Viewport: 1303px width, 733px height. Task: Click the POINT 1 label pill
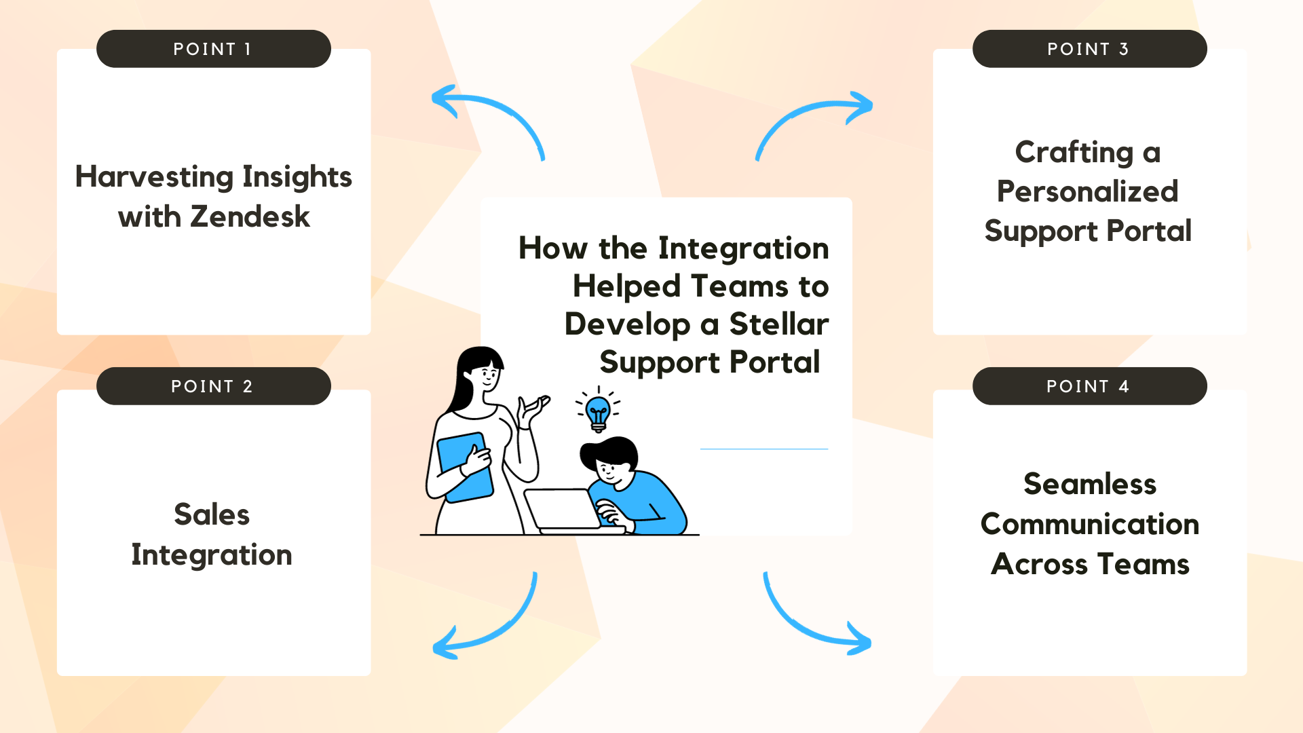[214, 49]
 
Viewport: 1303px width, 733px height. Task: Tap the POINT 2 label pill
[214, 386]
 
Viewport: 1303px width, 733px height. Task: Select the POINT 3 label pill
[1090, 49]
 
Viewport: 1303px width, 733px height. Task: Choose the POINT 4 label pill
[1090, 386]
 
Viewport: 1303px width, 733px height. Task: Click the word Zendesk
[250, 217]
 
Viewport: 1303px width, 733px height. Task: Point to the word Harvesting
[155, 177]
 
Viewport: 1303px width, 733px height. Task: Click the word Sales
[212, 514]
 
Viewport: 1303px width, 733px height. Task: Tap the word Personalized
[1087, 192]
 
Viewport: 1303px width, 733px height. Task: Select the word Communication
[1090, 524]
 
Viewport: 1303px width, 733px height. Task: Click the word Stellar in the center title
[779, 324]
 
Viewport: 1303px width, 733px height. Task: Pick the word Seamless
[1090, 485]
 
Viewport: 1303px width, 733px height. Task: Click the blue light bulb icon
[598, 411]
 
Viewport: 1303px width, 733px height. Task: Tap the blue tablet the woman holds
[465, 467]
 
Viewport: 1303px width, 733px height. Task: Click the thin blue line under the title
[764, 449]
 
